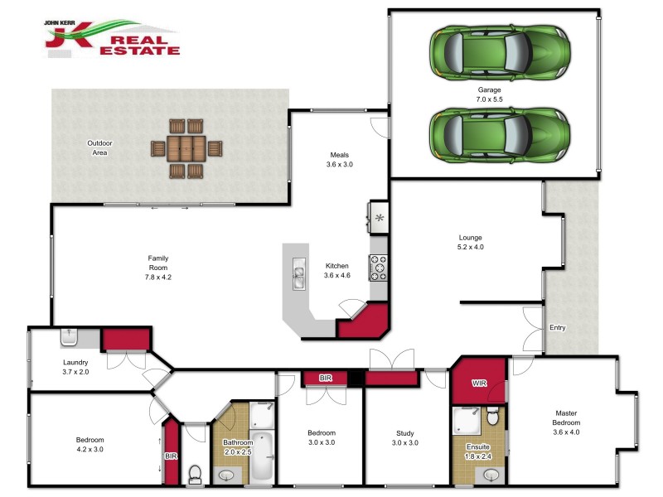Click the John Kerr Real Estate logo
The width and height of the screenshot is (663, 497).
112,38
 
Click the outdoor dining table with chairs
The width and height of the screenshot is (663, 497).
186,149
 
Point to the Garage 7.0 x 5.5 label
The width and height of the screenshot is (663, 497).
490,94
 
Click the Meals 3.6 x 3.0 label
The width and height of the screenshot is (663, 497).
338,159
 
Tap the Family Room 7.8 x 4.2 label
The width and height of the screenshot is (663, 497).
158,268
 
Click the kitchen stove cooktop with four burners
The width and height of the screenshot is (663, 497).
379,268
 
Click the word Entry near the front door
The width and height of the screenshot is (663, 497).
558,328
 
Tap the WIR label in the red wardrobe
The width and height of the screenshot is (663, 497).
479,384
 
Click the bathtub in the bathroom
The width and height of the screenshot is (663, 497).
261,456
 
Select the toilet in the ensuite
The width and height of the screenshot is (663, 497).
492,413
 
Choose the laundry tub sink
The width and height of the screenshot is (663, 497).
69,337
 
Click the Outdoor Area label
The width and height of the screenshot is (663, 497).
100,148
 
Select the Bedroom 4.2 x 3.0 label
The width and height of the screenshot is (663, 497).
90,445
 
